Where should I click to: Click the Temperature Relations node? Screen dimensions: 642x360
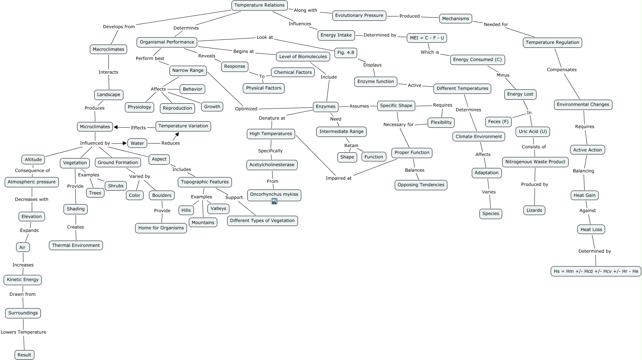tap(259, 5)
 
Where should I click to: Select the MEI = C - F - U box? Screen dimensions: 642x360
tap(427, 38)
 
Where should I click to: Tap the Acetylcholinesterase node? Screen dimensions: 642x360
tap(272, 165)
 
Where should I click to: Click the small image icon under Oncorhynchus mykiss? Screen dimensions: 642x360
tap(274, 201)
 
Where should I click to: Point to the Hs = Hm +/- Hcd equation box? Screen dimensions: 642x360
tap(596, 271)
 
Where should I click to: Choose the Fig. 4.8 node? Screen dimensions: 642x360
tap(345, 53)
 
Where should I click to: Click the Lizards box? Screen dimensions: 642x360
tap(534, 210)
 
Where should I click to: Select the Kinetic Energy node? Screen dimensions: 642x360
tap(23, 280)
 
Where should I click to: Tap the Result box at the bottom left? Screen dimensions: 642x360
tap(24, 355)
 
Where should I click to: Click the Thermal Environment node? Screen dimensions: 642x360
tap(76, 245)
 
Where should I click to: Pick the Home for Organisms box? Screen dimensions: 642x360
tap(161, 228)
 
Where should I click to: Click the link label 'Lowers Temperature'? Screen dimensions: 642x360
tap(23, 332)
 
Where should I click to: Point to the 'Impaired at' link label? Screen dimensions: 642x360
tap(339, 178)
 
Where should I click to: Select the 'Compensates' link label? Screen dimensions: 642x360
tap(562, 70)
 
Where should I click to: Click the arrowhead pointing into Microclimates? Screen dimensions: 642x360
tap(116, 127)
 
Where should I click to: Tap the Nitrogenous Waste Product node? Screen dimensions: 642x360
tap(535, 162)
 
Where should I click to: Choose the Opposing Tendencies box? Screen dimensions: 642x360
tap(421, 185)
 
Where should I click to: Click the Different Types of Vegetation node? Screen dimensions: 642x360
tap(262, 221)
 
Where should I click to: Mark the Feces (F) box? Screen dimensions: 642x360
tap(498, 122)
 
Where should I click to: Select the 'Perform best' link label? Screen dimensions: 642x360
tap(150, 58)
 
